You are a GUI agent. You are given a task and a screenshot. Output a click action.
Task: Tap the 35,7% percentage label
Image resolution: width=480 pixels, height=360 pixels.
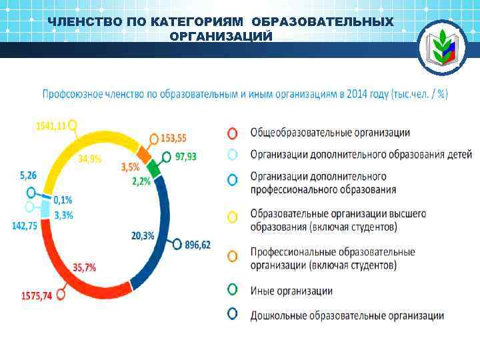84,267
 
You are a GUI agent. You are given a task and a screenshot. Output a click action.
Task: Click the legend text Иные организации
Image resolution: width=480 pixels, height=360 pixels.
291,291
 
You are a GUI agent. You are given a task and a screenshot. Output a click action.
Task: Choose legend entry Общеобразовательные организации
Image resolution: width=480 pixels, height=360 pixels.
330,133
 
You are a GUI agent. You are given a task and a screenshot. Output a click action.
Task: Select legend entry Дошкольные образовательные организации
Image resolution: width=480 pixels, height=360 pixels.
347,315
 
